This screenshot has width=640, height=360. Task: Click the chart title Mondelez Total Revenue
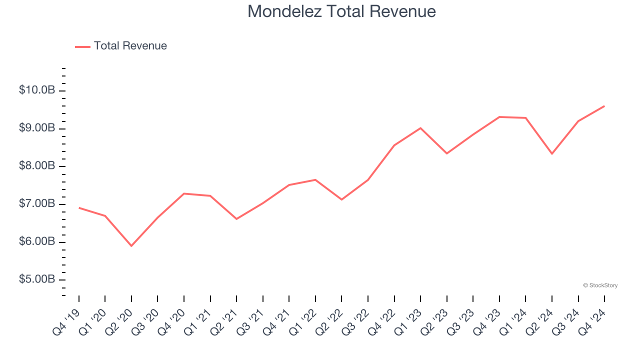341,11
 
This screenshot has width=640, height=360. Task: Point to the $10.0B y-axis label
37,90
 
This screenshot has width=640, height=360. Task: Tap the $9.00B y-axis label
37,128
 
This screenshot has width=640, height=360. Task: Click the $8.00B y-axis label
37,166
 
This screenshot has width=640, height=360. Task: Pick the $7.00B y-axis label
37,204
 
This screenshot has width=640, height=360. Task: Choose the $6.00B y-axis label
37,242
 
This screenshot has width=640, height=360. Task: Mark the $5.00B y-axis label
37,279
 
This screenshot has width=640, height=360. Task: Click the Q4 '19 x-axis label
67,321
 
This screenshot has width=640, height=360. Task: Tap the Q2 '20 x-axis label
119,321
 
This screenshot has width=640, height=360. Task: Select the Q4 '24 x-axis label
592,321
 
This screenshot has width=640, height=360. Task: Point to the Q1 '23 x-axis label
408,321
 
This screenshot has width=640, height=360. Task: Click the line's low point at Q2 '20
131,246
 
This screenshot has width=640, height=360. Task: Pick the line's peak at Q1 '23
420,128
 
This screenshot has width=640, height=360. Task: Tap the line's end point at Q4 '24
604,106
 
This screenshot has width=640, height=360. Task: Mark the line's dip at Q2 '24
552,153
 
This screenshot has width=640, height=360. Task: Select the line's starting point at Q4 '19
79,207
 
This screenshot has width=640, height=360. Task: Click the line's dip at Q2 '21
236,219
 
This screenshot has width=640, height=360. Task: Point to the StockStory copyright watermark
600,285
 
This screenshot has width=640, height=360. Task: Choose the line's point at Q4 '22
394,145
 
